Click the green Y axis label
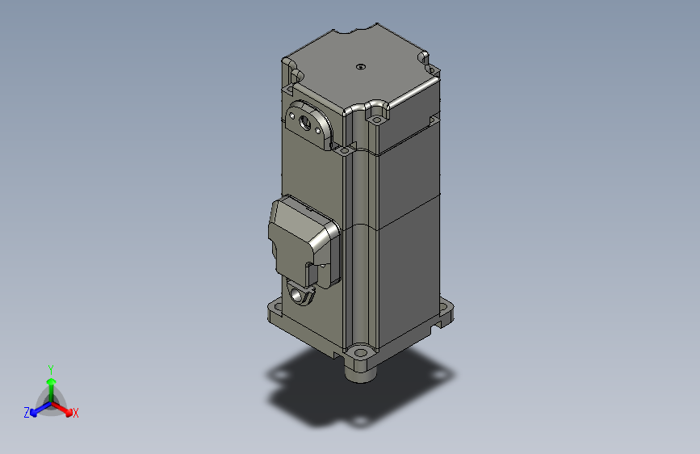click(51, 368)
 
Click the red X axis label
click(76, 414)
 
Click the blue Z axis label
click(27, 413)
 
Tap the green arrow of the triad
click(51, 382)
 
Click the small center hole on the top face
click(361, 67)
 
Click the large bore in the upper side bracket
click(305, 124)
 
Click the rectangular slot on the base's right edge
click(440, 323)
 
